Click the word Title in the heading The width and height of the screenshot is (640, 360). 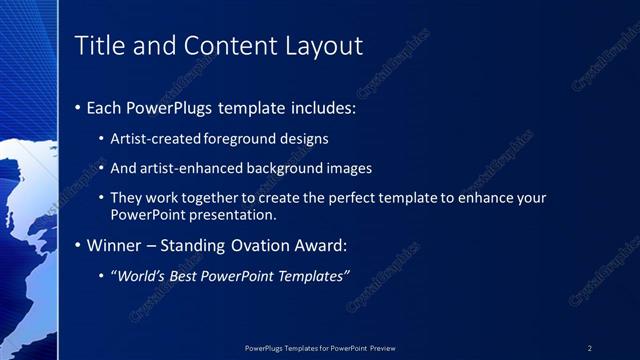(98, 46)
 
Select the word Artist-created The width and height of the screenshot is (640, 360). (154, 139)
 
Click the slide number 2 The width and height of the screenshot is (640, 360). (590, 348)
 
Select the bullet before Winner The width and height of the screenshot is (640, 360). (79, 245)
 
